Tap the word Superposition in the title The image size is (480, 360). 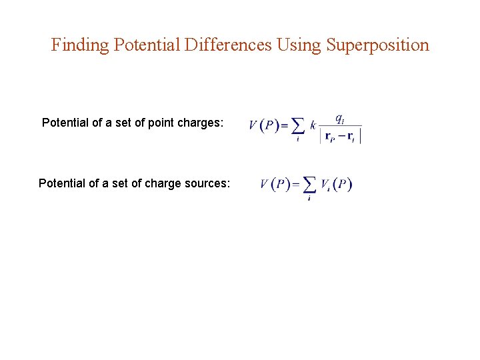coord(378,45)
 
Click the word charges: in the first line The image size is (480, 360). coord(200,123)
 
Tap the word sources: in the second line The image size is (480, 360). coord(207,183)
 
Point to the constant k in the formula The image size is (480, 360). coord(313,125)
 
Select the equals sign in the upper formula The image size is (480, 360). coord(283,126)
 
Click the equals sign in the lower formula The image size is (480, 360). coord(295,185)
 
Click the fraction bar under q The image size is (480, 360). coord(340,126)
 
